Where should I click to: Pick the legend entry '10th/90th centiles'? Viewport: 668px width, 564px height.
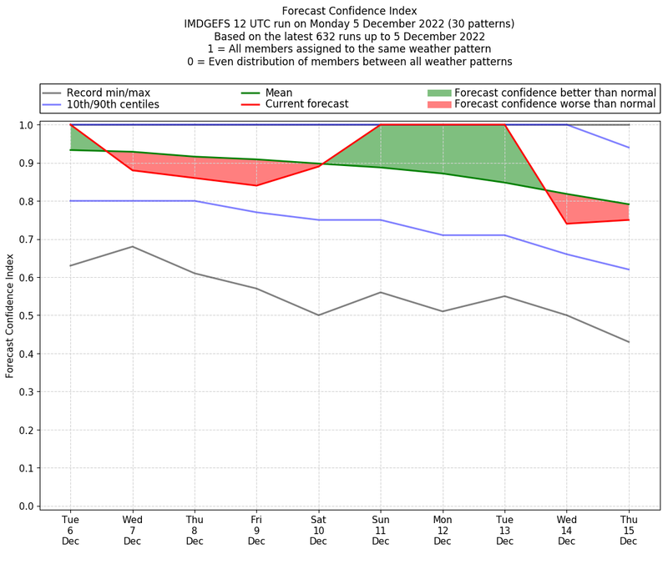point(113,104)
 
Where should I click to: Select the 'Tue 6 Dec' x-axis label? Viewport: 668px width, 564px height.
point(70,530)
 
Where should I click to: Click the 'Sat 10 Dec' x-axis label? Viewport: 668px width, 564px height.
point(318,530)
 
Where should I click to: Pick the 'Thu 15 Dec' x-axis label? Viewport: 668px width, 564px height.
point(629,530)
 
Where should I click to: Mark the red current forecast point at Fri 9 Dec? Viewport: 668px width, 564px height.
point(256,185)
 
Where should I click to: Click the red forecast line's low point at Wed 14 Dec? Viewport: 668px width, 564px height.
point(567,224)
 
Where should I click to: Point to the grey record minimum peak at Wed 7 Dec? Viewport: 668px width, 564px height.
point(132,246)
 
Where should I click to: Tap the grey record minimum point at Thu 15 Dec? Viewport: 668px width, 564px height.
point(629,342)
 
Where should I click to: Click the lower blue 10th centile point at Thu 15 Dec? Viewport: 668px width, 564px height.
point(629,269)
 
